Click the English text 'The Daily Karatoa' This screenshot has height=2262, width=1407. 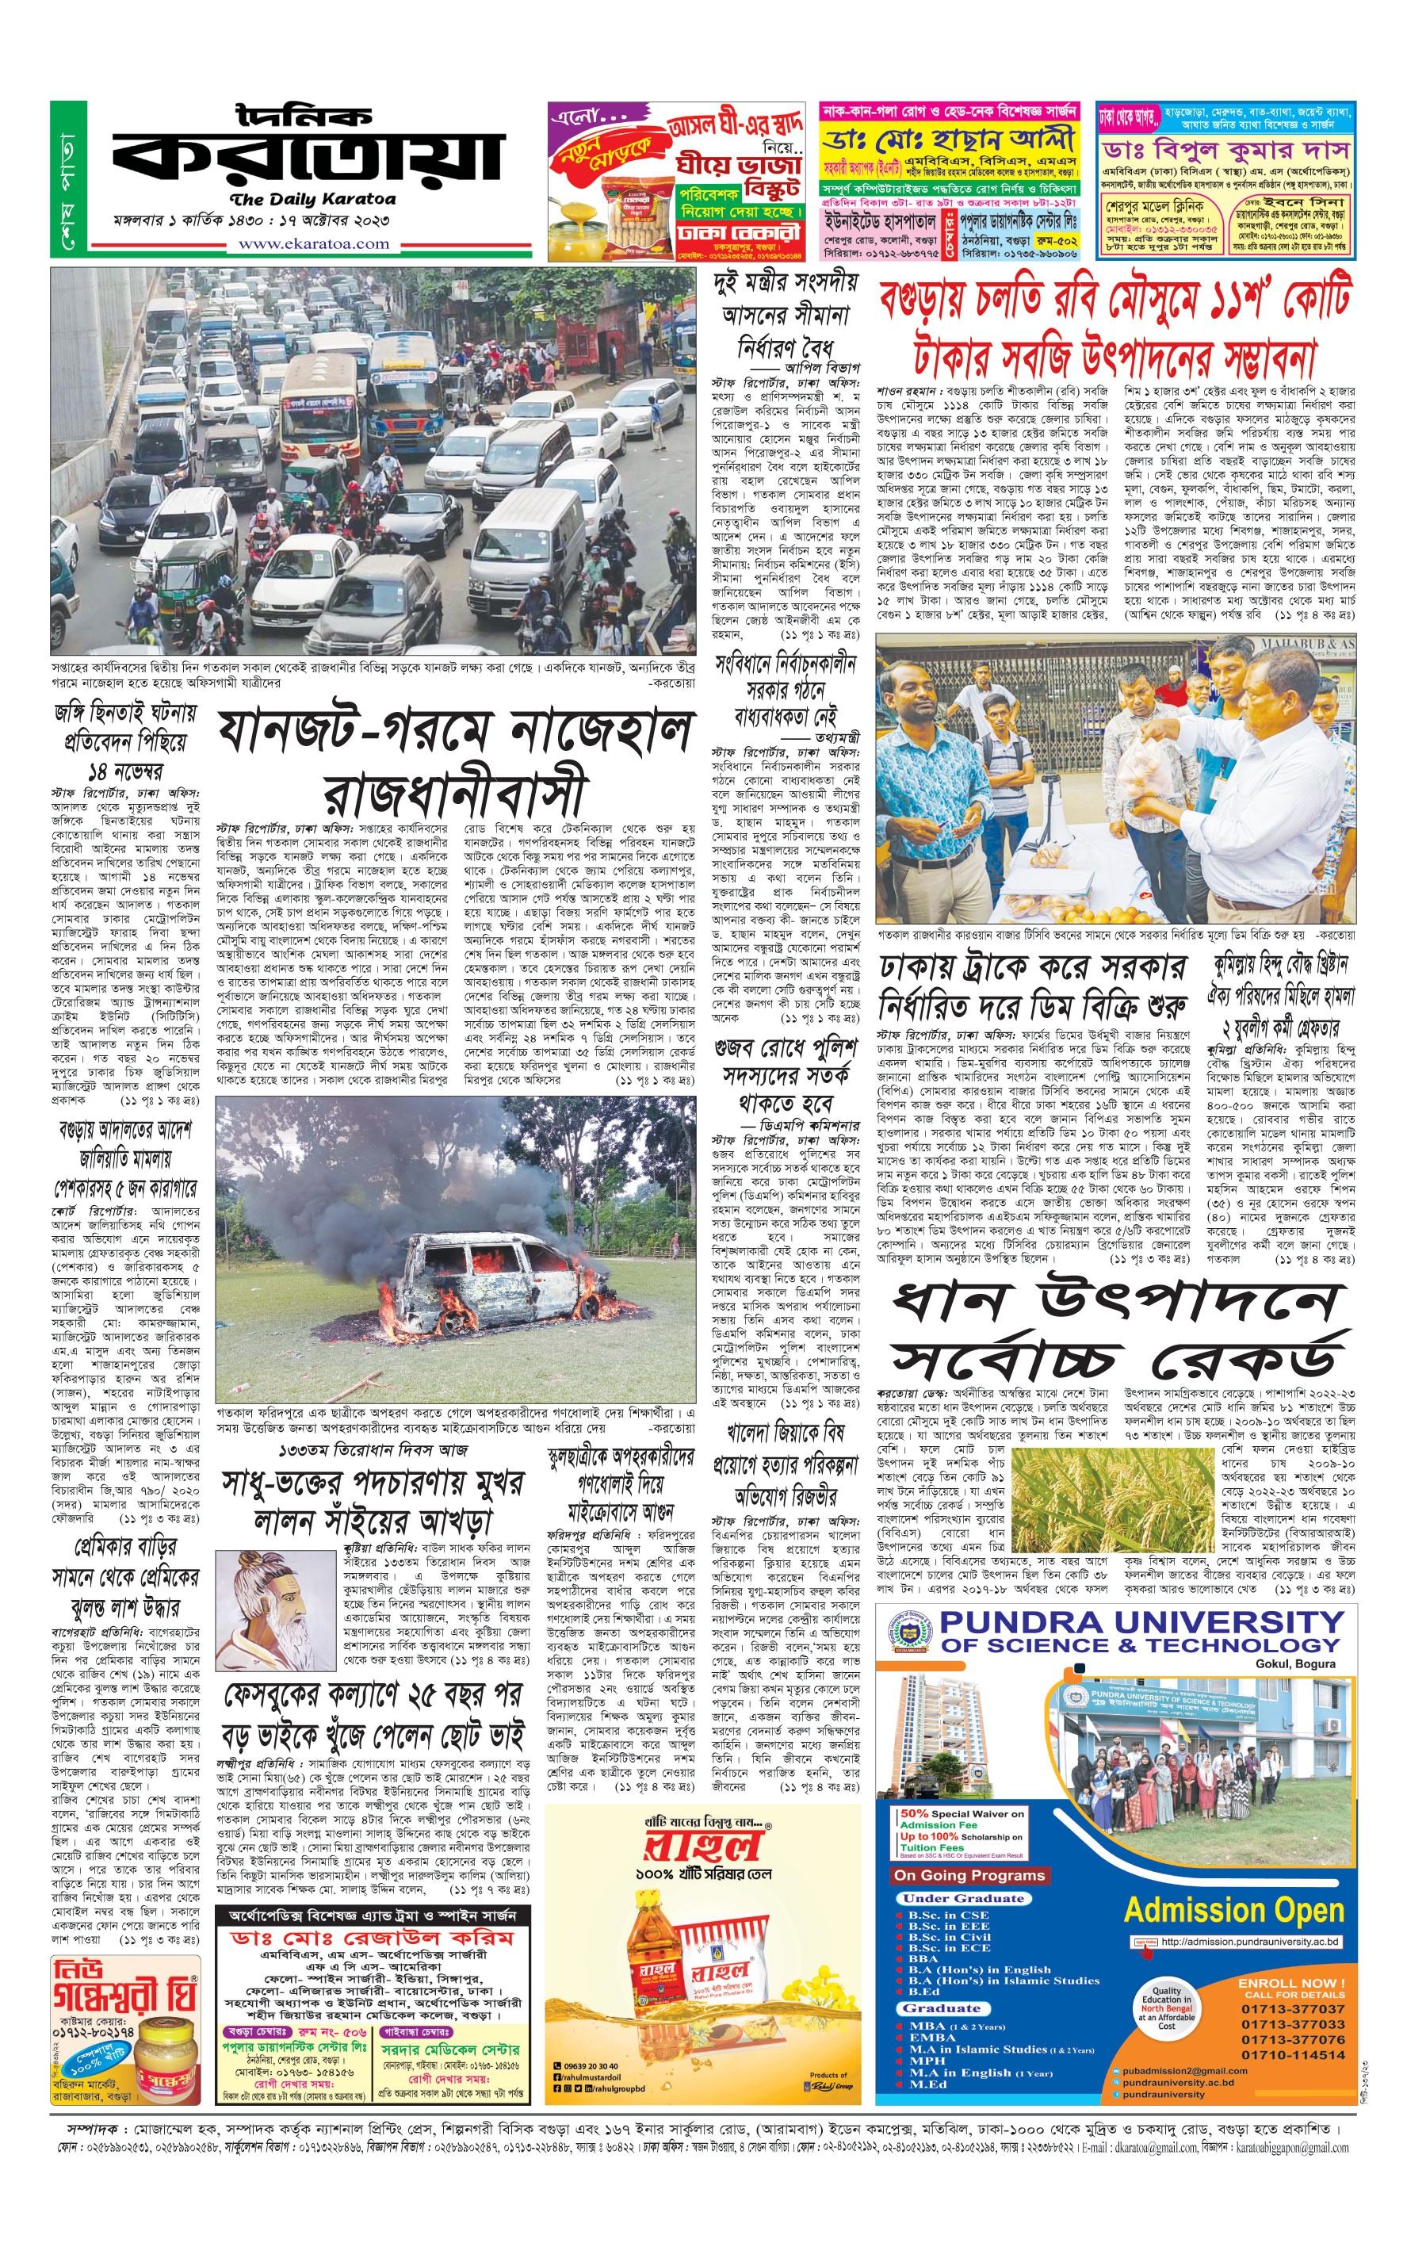[x=312, y=199]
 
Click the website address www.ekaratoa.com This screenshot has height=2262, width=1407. [x=314, y=243]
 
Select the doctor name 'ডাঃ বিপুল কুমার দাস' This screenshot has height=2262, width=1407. [x=1225, y=150]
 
